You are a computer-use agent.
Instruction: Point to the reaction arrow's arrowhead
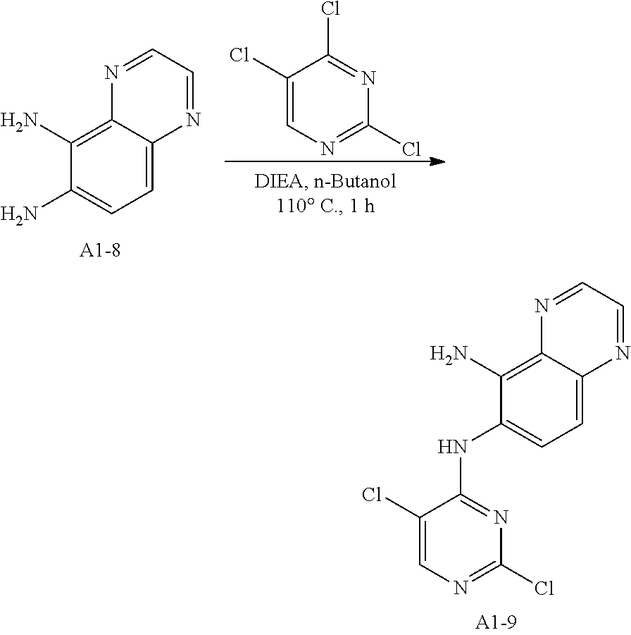pyautogui.click(x=438, y=161)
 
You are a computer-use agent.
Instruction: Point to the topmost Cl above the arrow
pyautogui.click(x=328, y=11)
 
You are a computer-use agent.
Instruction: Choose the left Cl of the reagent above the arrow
pyautogui.click(x=242, y=55)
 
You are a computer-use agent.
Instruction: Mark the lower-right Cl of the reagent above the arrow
pyautogui.click(x=410, y=149)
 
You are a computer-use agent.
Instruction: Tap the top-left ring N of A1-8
pyautogui.click(x=109, y=72)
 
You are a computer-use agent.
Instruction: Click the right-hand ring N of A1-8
pyautogui.click(x=192, y=118)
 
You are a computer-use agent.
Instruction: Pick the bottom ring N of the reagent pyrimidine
pyautogui.click(x=327, y=149)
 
